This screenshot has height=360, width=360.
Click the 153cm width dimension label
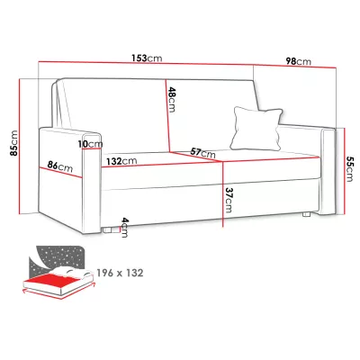[x=147, y=58]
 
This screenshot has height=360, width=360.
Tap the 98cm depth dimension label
[x=298, y=61]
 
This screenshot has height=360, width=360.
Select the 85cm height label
[x=13, y=143]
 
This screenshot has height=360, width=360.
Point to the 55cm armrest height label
[x=349, y=168]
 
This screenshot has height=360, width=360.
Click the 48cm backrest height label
[x=171, y=99]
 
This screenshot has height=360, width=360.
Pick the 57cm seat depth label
[x=203, y=153]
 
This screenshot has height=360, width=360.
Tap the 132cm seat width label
[x=121, y=161]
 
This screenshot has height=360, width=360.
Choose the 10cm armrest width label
[x=90, y=144]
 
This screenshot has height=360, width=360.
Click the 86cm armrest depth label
[x=60, y=166]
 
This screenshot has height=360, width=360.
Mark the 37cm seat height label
[x=229, y=200]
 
